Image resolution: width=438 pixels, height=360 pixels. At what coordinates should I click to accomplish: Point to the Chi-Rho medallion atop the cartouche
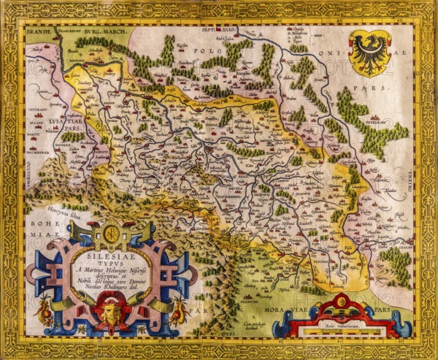click(111, 234)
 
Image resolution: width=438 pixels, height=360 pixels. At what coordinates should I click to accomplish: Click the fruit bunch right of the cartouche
click(177, 307)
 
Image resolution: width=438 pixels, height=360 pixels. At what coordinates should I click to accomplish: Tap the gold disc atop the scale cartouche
click(342, 300)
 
